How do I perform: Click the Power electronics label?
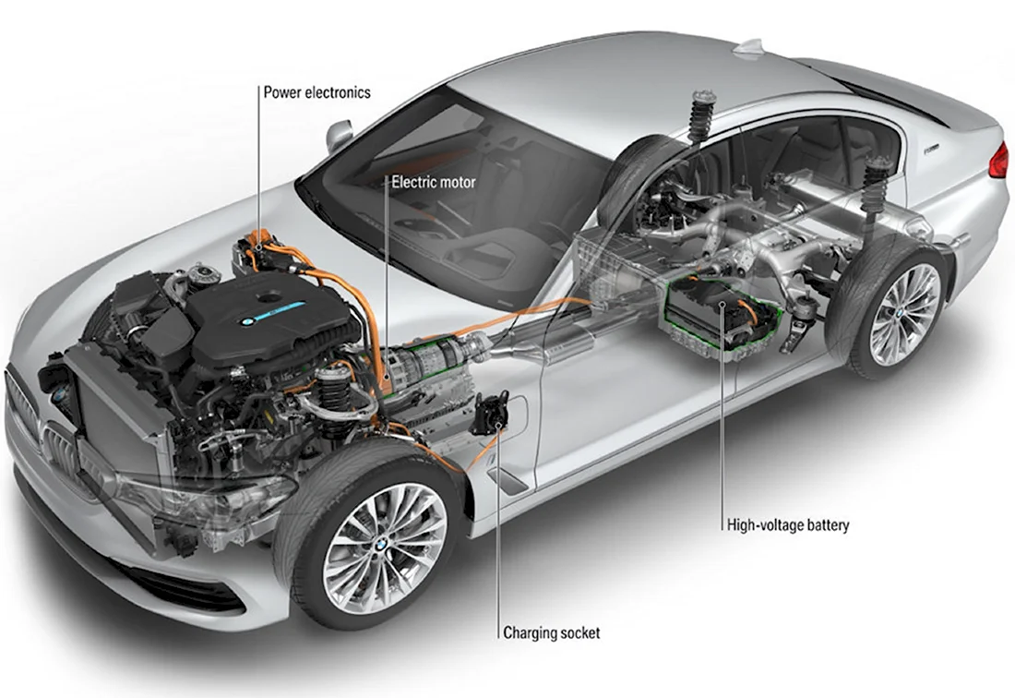(x=316, y=92)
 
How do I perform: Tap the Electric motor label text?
(x=433, y=183)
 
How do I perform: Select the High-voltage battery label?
(x=788, y=524)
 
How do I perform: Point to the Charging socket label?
(x=552, y=632)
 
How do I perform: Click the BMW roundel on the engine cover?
(x=246, y=322)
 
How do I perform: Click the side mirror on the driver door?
(x=340, y=135)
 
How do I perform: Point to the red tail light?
(x=1000, y=160)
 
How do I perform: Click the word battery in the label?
(x=825, y=524)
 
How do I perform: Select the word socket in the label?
(x=579, y=632)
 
